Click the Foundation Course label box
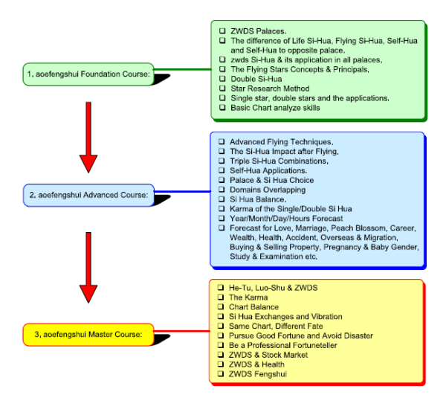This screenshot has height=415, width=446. [88, 74]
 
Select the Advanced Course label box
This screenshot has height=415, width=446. [88, 196]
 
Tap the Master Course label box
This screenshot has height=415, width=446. [88, 332]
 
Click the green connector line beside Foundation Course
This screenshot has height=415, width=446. [181, 71]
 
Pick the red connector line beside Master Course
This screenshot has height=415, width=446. [181, 329]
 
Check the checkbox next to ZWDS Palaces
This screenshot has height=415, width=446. [222, 31]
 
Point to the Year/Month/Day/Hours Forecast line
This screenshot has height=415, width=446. [286, 219]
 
